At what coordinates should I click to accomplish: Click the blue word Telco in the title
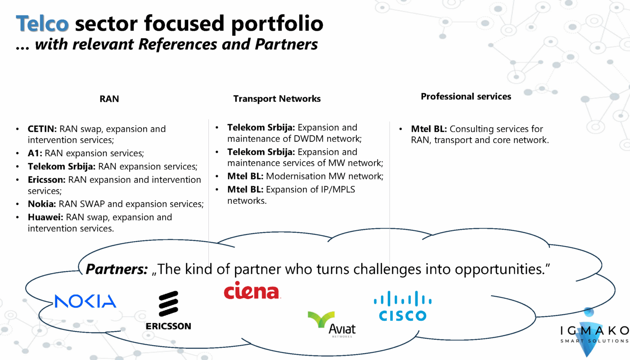click(42, 23)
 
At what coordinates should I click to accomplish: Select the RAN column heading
click(109, 99)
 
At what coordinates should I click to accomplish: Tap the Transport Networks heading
click(277, 99)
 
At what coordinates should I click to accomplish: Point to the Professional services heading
click(466, 96)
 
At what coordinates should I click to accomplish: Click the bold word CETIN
click(42, 129)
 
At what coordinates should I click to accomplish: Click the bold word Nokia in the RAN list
click(42, 204)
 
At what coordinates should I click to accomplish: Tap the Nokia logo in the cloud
click(85, 301)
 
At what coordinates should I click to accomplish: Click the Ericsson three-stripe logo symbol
click(168, 304)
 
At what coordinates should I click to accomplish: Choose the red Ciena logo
click(252, 291)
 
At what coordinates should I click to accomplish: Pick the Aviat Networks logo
click(332, 324)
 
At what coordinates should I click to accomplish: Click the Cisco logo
click(403, 306)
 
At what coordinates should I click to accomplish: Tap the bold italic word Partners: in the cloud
click(117, 269)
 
